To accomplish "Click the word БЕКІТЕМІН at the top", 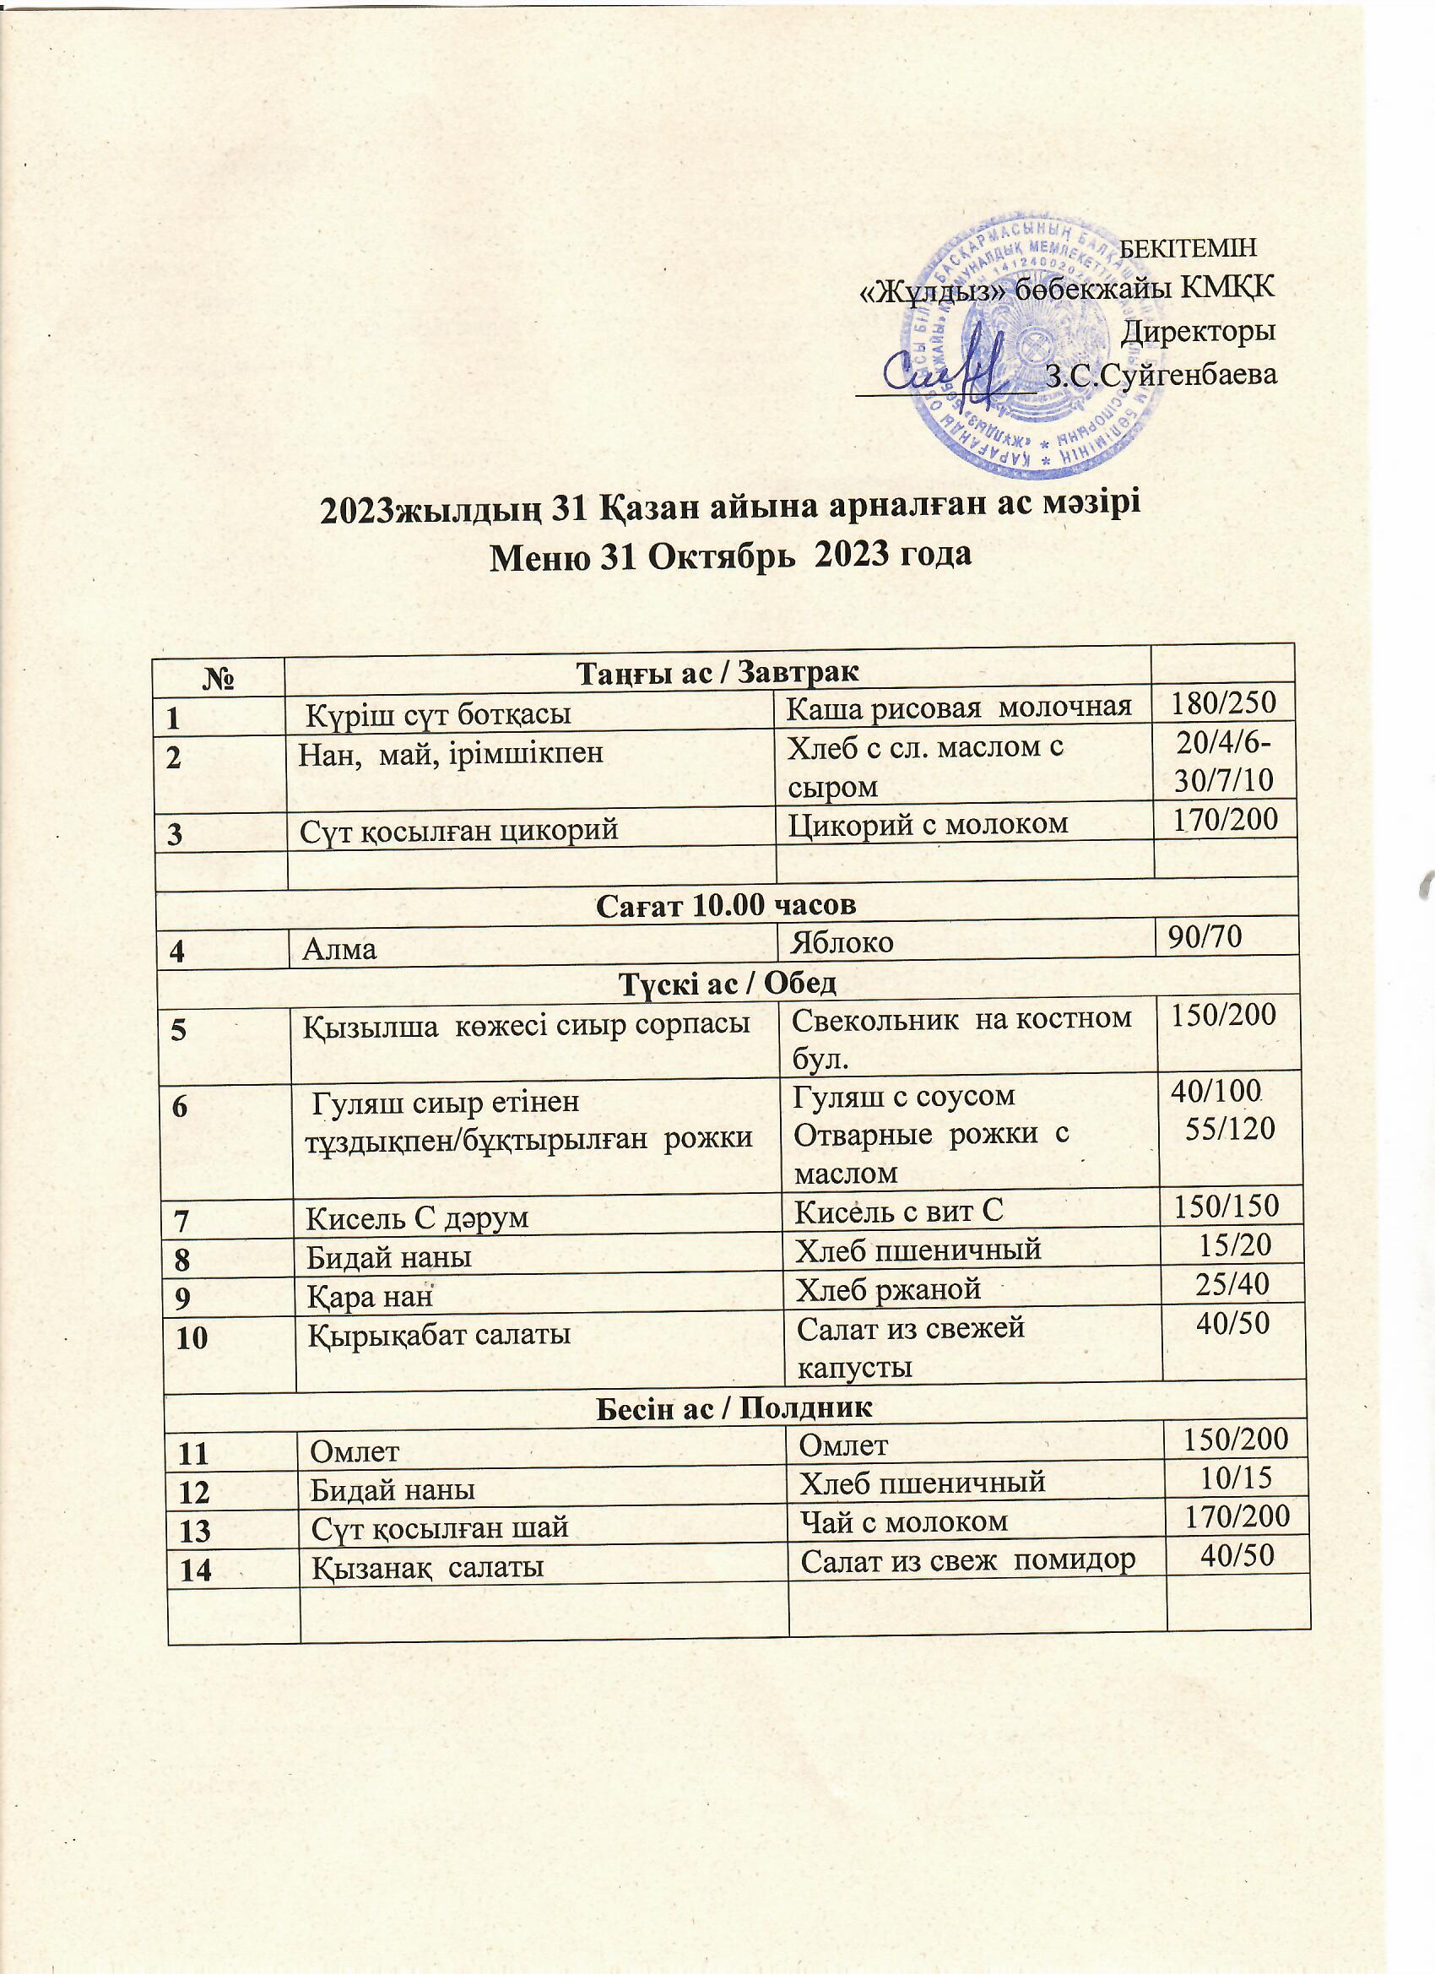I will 1187,248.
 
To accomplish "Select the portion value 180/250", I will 1222,702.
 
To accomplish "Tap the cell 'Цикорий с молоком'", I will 928,823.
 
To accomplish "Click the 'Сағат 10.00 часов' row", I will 726,905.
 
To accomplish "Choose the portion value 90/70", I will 1205,935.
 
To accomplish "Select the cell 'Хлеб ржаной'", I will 889,1288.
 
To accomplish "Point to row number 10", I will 192,1337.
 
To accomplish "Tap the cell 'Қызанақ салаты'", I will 427,1567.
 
